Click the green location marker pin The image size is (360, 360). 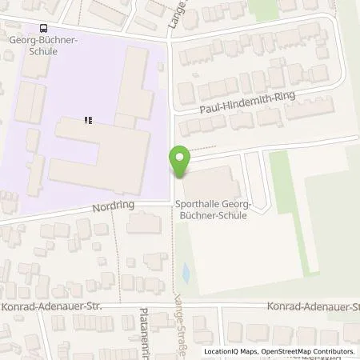pos(180,162)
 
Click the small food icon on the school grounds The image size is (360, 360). pos(89,121)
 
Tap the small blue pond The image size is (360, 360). pos(186,274)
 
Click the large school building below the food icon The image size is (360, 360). pos(100,156)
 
